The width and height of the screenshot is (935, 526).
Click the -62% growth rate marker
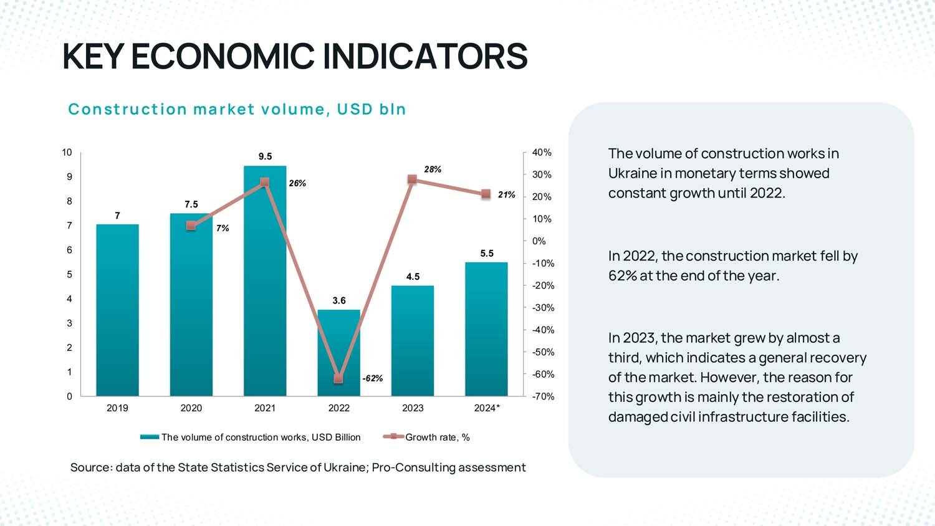click(x=338, y=379)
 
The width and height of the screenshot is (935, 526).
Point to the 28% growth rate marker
click(x=412, y=179)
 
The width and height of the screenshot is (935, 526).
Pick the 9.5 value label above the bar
click(x=266, y=156)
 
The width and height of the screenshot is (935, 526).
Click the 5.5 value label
click(x=487, y=254)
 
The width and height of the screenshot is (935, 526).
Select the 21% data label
click(x=507, y=195)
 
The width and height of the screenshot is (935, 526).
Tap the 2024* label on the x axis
click(x=487, y=408)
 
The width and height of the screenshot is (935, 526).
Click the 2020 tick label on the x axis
click(x=191, y=408)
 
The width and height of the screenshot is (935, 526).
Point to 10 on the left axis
click(x=67, y=153)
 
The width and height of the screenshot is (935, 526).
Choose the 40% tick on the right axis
click(x=542, y=153)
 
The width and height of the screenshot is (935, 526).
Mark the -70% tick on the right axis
click(x=543, y=396)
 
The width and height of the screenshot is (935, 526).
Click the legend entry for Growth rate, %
click(x=437, y=438)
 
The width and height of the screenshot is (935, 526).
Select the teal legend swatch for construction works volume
click(x=150, y=438)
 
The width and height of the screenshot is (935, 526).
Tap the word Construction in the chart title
click(x=127, y=110)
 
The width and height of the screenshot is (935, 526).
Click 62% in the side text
click(x=622, y=276)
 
